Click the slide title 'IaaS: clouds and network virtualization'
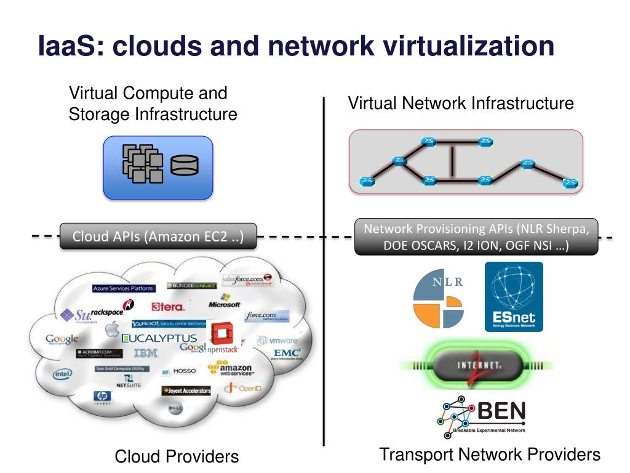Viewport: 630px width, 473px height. [x=296, y=47]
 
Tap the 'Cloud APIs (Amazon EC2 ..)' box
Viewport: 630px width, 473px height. [x=157, y=236]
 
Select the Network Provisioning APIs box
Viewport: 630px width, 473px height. [x=476, y=237]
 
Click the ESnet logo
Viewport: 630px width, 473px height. [x=514, y=297]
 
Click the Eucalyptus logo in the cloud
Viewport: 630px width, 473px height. [x=159, y=338]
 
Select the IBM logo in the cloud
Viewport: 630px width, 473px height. [x=146, y=353]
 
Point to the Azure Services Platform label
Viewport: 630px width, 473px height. [x=124, y=288]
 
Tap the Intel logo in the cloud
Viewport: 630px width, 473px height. [x=62, y=373]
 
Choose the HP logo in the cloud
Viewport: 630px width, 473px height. [x=101, y=396]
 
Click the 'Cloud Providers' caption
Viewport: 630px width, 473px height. [x=177, y=456]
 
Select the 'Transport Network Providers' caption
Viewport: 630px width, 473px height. [x=489, y=455]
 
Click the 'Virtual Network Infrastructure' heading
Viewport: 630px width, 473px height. [x=461, y=103]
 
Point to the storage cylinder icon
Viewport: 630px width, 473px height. [x=185, y=166]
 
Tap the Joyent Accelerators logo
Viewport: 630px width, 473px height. [x=186, y=390]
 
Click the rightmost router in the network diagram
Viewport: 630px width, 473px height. [x=570, y=182]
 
